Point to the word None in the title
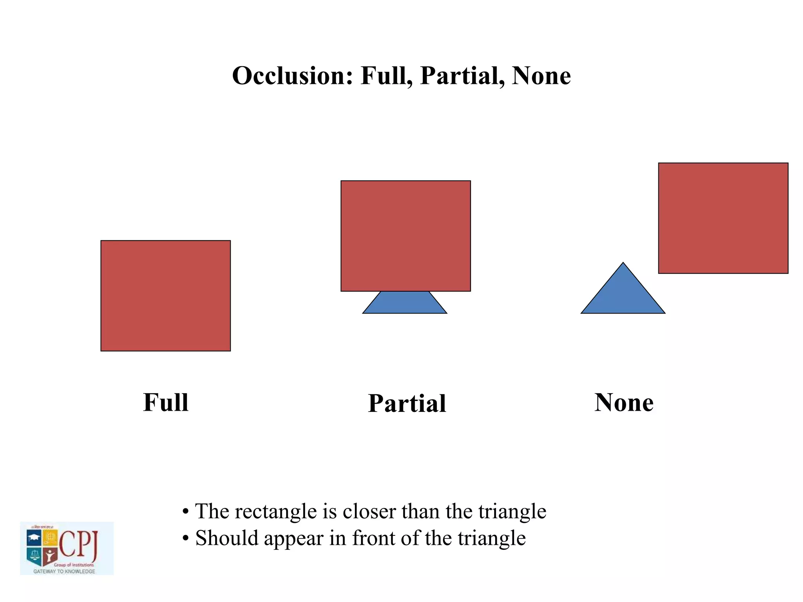point(541,76)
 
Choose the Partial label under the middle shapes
point(407,403)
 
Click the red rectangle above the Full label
point(166,296)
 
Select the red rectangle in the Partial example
point(405,236)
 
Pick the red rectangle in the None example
point(723,218)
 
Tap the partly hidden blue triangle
point(405,303)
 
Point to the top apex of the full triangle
point(623,264)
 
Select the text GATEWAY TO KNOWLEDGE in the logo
point(64,571)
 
